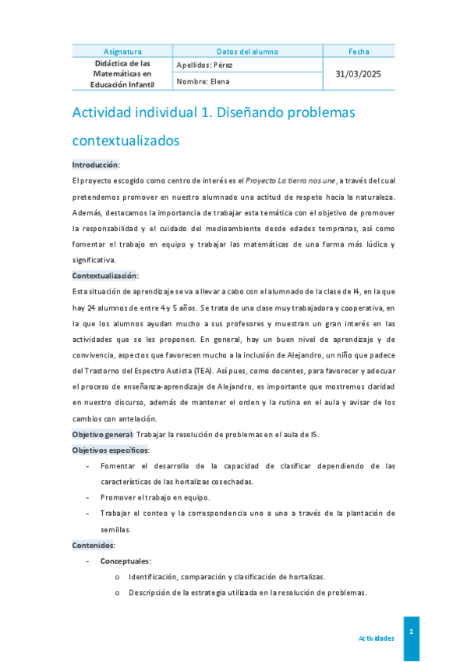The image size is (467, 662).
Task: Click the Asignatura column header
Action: pyautogui.click(x=122, y=52)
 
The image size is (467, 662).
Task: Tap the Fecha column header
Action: pyautogui.click(x=359, y=52)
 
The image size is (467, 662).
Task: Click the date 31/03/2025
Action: pyautogui.click(x=359, y=73)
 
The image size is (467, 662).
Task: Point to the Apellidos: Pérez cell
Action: pyautogui.click(x=204, y=65)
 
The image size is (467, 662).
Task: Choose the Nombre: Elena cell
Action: pyautogui.click(x=203, y=81)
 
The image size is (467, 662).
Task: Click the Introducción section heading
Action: pyautogui.click(x=95, y=165)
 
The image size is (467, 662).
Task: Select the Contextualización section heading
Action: pyautogui.click(x=104, y=276)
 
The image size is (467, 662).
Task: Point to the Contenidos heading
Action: pyautogui.click(x=94, y=545)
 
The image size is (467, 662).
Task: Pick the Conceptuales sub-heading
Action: pyautogui.click(x=126, y=561)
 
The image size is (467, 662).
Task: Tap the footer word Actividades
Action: pyautogui.click(x=376, y=638)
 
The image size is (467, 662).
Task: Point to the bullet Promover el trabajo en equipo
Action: pyautogui.click(x=155, y=497)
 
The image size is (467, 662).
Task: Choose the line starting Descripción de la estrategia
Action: pyautogui.click(x=247, y=593)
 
